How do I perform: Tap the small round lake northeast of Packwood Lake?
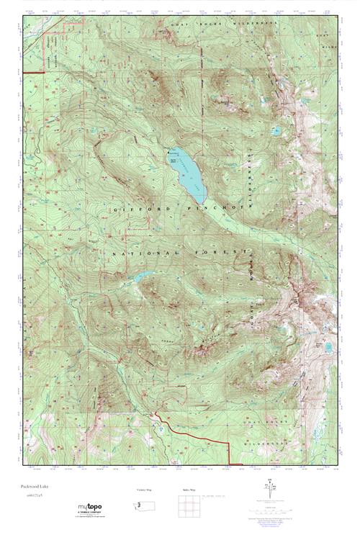coord(275,131)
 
